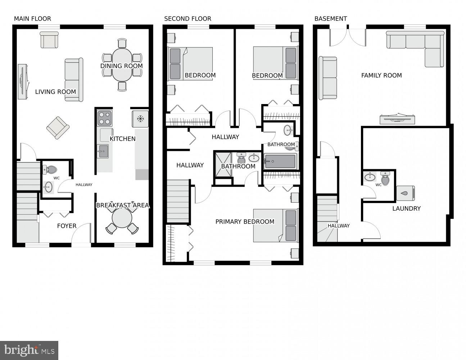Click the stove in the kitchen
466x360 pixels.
[x=104, y=118]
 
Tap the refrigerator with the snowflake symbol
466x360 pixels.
[x=140, y=119]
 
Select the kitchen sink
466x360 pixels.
[x=103, y=151]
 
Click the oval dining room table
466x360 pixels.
[x=122, y=65]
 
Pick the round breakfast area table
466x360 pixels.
[x=122, y=218]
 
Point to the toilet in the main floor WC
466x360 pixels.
[x=50, y=170]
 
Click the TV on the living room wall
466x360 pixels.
[x=22, y=81]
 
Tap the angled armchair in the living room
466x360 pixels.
[x=58, y=127]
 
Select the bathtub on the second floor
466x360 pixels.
[x=280, y=161]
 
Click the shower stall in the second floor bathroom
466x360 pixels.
[x=223, y=164]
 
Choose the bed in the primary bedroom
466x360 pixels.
[x=275, y=226]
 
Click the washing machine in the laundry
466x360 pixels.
[x=405, y=193]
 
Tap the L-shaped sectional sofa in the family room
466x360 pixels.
[x=417, y=45]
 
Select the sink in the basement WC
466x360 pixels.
[x=370, y=177]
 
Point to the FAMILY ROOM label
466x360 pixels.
[x=381, y=75]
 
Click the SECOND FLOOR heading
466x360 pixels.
[x=187, y=19]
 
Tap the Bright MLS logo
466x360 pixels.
[x=29, y=350]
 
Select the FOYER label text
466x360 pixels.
[x=67, y=226]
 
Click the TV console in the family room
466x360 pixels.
[x=398, y=119]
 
